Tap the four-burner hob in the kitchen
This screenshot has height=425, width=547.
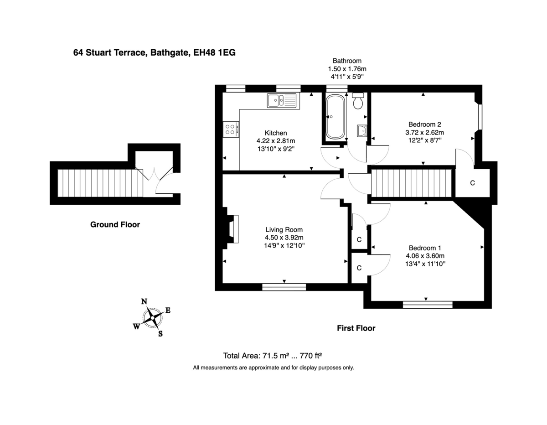click(x=230, y=130)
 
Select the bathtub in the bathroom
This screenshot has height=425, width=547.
click(x=335, y=117)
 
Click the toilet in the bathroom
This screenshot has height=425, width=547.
click(x=358, y=101)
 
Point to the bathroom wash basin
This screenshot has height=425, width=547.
click(x=362, y=131)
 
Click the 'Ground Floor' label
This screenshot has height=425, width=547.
click(x=115, y=224)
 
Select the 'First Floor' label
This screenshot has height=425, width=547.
click(x=356, y=328)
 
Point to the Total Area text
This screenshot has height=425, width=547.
click(x=273, y=356)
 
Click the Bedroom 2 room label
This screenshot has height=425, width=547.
click(x=424, y=124)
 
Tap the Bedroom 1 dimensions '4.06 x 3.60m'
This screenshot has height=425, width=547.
click(x=424, y=256)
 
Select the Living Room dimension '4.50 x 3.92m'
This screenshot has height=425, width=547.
click(x=284, y=238)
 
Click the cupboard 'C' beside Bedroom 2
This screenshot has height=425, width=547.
click(x=472, y=183)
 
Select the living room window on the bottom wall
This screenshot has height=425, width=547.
click(x=284, y=286)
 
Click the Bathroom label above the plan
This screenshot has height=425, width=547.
click(x=347, y=61)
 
